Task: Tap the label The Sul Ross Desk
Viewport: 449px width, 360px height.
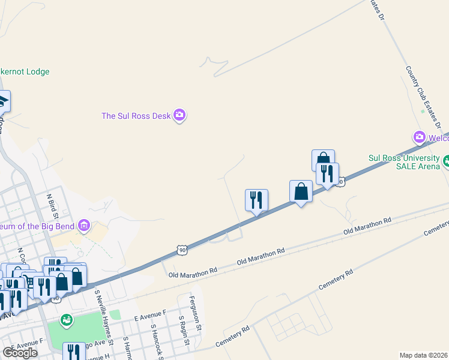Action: pyautogui.click(x=136, y=116)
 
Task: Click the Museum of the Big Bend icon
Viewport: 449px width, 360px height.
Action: pyautogui.click(x=84, y=226)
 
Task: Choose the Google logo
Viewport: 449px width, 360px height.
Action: pyautogui.click(x=20, y=353)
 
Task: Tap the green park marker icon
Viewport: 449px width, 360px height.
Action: pyautogui.click(x=67, y=320)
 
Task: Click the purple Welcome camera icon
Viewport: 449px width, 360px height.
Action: pyautogui.click(x=418, y=137)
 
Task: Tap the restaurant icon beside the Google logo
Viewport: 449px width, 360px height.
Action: pyautogui.click(x=74, y=352)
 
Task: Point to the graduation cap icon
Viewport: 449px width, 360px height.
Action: pyautogui.click(x=3, y=101)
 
